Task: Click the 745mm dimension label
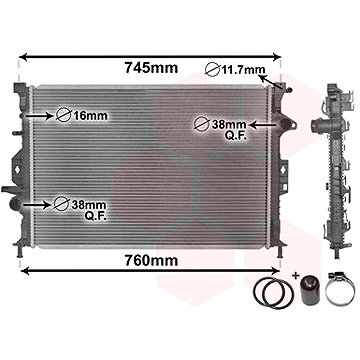151,68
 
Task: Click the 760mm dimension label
151,261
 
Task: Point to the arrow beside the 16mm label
39,116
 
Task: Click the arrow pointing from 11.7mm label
271,82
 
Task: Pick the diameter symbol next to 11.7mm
212,70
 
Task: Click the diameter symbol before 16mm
63,115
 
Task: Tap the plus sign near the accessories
295,276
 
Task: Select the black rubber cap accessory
310,291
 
